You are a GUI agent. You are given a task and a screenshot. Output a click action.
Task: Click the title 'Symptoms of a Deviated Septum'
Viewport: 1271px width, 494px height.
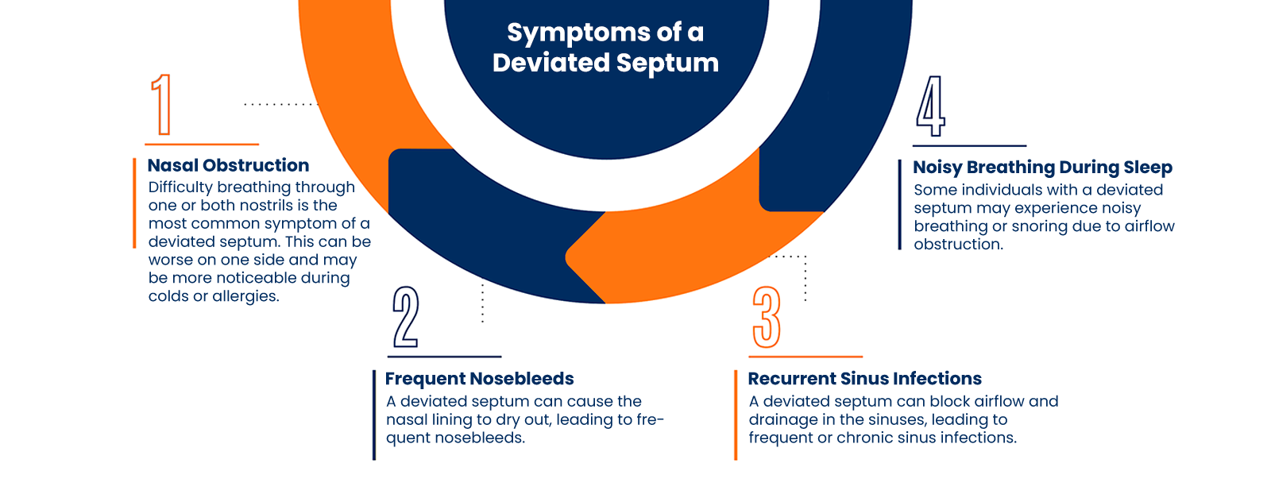click(605, 47)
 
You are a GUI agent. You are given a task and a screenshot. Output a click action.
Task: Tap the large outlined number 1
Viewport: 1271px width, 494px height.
click(162, 105)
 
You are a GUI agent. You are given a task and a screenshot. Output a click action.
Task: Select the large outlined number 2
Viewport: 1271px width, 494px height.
click(405, 317)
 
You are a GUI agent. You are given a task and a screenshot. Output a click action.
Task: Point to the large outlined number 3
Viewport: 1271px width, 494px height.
click(767, 317)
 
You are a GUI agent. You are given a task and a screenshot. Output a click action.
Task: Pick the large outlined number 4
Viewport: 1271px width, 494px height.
click(931, 106)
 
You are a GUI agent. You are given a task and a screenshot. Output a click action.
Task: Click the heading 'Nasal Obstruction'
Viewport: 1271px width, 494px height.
click(228, 165)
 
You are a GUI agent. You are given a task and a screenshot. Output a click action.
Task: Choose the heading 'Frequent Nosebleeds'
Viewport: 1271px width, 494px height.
click(479, 379)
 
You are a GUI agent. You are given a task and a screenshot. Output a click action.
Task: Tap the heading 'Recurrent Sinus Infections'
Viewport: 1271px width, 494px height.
click(864, 379)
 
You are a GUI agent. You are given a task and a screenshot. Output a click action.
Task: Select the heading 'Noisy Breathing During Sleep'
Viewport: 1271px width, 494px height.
click(1042, 168)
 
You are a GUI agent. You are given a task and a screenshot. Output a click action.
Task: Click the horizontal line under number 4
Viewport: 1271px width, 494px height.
click(969, 146)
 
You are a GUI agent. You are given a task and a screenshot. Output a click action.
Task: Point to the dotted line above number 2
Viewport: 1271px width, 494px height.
click(482, 303)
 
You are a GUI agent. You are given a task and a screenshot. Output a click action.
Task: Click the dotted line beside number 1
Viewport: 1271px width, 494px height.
click(279, 104)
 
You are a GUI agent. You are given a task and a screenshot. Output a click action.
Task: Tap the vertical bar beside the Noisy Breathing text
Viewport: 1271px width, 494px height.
click(900, 205)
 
